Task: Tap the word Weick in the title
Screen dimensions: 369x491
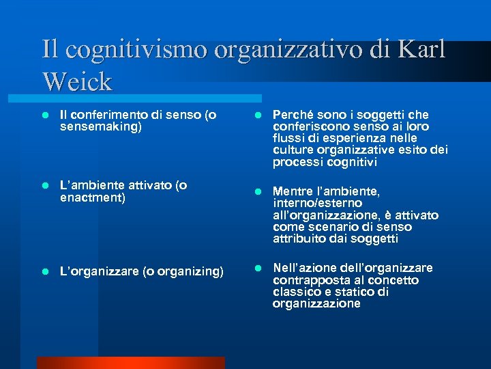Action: point(76,81)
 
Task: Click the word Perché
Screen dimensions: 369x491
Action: point(293,115)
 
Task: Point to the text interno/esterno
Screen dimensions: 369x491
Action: point(318,204)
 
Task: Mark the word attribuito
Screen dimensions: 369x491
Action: point(300,239)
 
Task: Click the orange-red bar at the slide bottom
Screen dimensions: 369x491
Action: point(130,363)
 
